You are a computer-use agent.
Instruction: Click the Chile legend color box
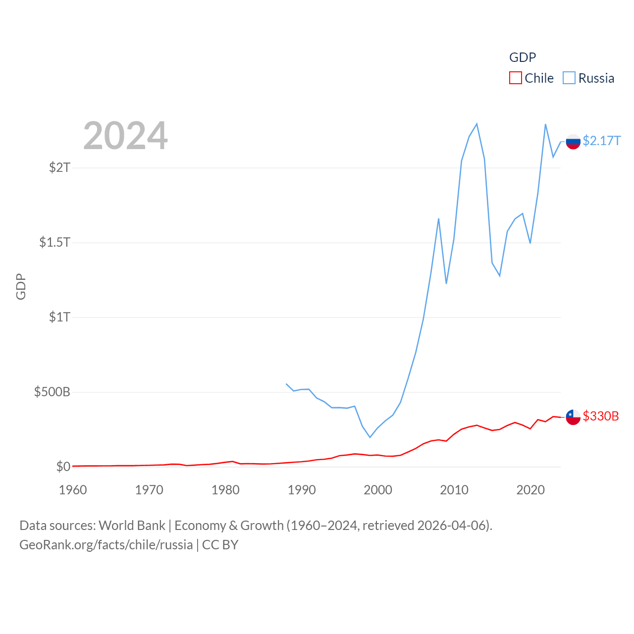[x=516, y=78]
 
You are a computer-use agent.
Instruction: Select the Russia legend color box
[x=569, y=78]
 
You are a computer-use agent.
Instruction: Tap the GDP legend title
[x=523, y=57]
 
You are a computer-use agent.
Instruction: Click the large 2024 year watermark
[x=125, y=136]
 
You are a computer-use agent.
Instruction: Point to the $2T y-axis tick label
[x=59, y=167]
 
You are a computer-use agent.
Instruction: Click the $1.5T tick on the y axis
[x=54, y=242]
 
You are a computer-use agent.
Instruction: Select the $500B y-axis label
[x=52, y=392]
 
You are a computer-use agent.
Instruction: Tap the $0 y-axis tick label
[x=63, y=467]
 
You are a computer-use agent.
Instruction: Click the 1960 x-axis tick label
[x=73, y=490]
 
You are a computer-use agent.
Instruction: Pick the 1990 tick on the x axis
[x=302, y=490]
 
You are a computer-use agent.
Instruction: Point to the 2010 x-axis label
[x=454, y=490]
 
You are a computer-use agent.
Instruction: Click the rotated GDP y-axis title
[x=21, y=286]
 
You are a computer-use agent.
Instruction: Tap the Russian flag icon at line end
[x=573, y=142]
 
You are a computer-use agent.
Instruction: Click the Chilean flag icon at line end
[x=573, y=417]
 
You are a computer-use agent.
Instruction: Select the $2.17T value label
[x=601, y=141]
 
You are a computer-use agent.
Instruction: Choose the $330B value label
[x=601, y=416]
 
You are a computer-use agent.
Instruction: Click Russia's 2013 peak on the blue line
[x=476, y=124]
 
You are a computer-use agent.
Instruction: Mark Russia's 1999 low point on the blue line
[x=370, y=437]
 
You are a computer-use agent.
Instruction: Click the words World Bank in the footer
[x=132, y=525]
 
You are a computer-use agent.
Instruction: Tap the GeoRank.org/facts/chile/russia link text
[x=106, y=545]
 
